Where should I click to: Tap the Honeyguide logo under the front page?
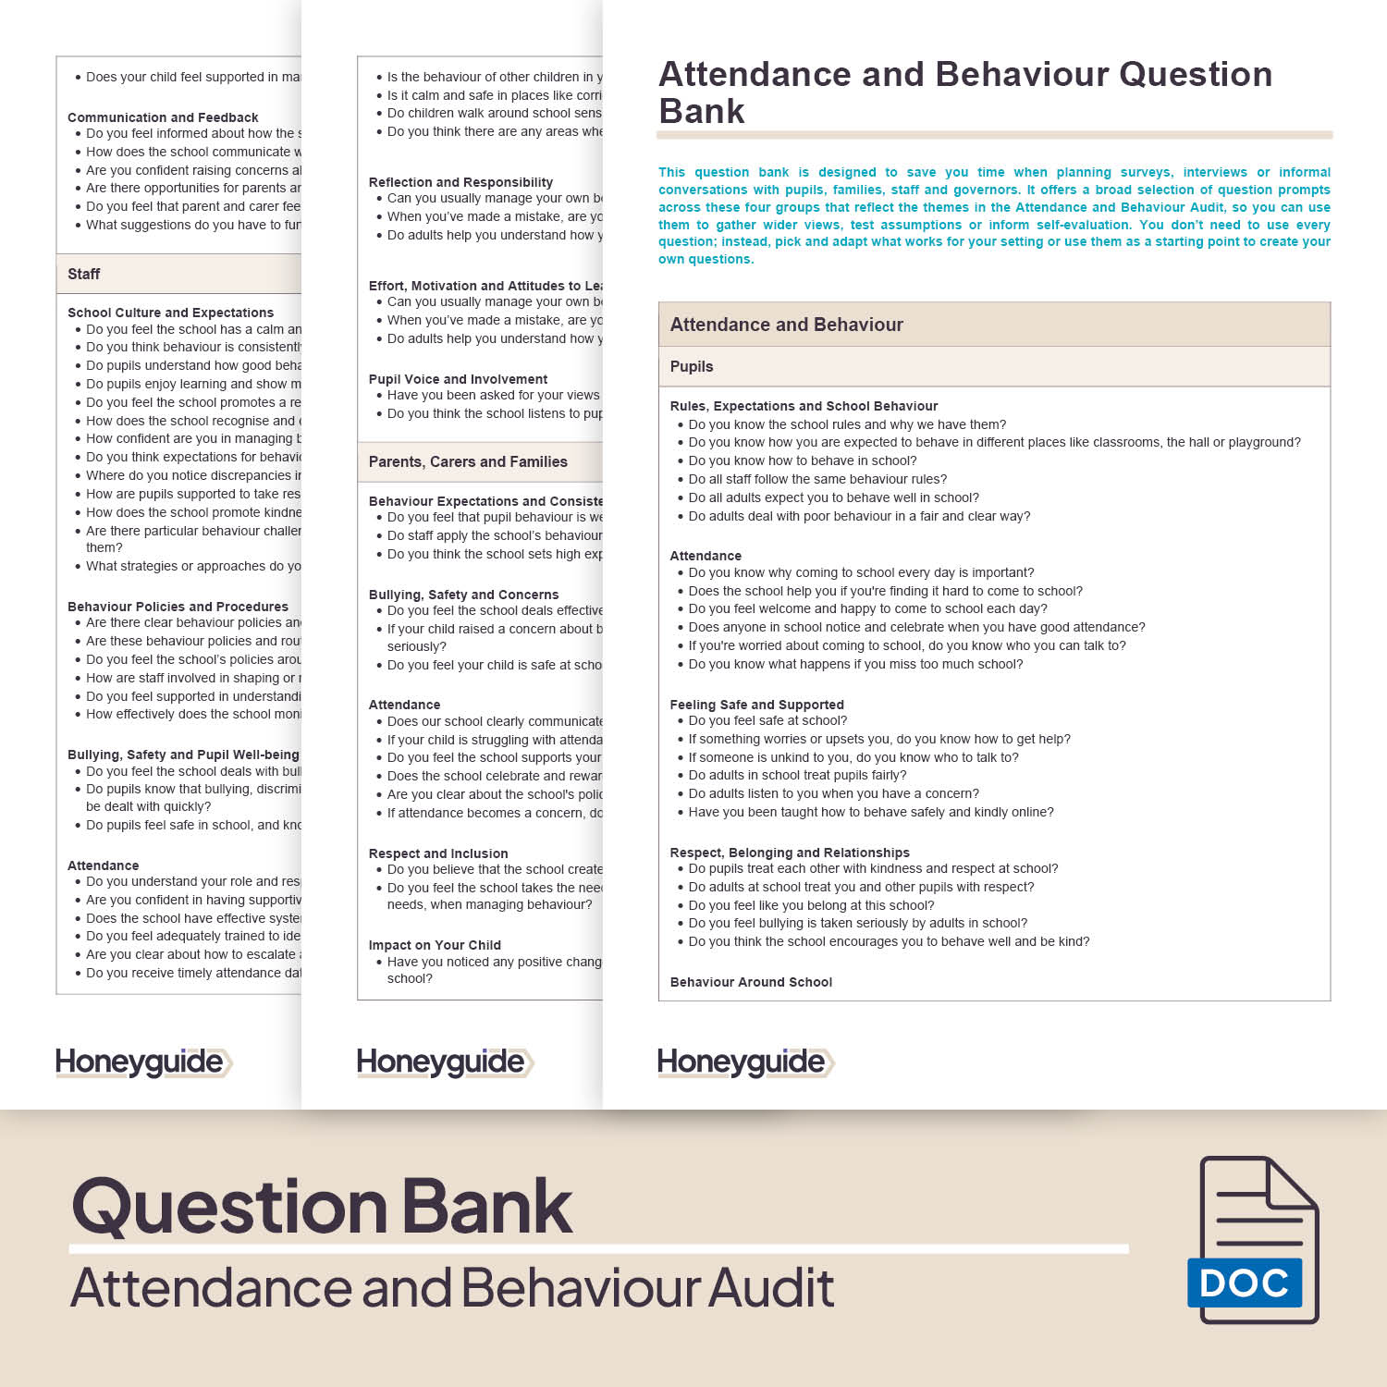744,1062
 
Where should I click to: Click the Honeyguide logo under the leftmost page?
143,1062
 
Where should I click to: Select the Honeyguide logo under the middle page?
445,1062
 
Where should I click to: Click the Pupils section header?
692,366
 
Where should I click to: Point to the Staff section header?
84,274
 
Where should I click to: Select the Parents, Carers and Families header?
468,461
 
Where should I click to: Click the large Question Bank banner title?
322,1206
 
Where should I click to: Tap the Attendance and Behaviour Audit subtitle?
452,1287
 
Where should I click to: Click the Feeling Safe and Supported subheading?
756,705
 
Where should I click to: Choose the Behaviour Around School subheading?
751,982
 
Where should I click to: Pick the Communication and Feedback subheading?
163,117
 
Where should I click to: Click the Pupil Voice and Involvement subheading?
458,379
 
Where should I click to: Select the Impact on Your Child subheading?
435,945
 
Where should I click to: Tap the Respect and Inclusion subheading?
438,853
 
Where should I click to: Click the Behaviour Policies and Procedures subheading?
178,607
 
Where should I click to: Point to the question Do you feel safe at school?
767,720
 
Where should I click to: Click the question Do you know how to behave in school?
803,460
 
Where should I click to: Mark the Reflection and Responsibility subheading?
460,182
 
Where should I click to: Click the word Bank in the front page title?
702,111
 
